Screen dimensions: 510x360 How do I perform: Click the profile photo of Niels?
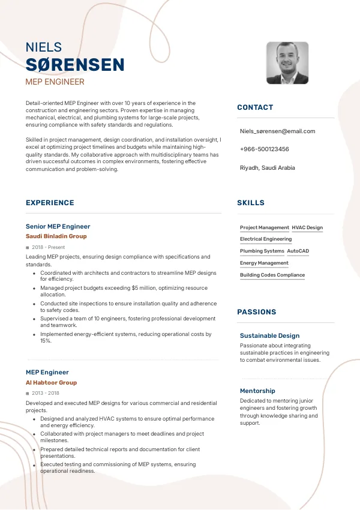287,63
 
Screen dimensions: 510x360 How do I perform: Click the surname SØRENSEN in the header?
75,65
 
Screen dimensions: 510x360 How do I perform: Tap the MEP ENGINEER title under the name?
55,82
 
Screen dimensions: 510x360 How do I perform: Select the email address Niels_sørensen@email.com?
277,131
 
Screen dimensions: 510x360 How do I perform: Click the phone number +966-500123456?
264,149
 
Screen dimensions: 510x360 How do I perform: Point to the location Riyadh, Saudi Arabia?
267,168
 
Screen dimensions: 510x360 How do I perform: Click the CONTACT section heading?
255,107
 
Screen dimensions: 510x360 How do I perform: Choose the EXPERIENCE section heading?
50,203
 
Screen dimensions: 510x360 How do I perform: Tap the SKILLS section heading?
251,203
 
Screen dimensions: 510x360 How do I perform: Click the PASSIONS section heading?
257,312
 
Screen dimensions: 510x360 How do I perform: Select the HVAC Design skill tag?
307,228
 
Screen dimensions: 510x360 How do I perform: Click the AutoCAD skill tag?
298,251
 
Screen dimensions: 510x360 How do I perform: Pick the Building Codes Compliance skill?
272,275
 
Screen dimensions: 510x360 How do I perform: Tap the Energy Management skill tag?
264,263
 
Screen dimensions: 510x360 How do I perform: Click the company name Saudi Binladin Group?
56,236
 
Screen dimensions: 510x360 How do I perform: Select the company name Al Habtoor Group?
51,382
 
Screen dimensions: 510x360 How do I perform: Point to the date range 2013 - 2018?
46,393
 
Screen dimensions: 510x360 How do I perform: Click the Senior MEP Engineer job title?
58,226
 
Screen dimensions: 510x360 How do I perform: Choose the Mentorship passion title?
257,391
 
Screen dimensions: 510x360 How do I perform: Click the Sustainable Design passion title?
269,335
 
